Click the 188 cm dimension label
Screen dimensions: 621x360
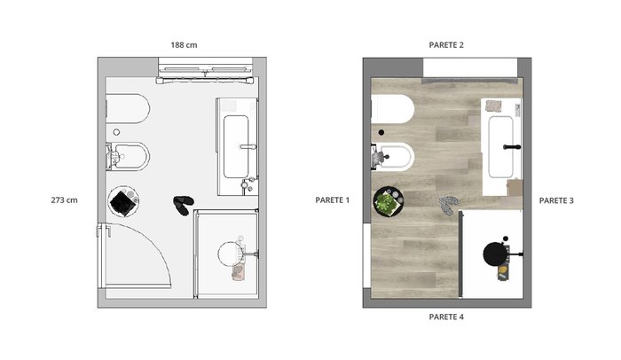click(184, 45)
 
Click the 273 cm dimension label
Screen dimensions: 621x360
click(64, 200)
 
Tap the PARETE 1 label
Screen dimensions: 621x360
click(333, 200)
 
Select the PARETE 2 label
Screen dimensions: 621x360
click(446, 45)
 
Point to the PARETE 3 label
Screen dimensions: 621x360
click(556, 200)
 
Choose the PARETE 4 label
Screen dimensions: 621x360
click(446, 317)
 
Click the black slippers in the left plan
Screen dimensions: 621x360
click(183, 205)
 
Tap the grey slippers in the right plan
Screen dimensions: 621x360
click(449, 205)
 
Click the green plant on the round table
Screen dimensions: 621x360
click(385, 203)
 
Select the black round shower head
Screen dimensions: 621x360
click(495, 254)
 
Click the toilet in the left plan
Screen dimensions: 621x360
click(128, 108)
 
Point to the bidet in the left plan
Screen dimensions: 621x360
click(129, 156)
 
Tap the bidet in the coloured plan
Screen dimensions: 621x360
click(394, 156)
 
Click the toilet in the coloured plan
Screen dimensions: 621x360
click(393, 109)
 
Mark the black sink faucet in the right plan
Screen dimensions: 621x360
click(512, 147)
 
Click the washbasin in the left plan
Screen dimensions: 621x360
click(237, 146)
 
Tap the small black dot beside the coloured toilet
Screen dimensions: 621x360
click(381, 133)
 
